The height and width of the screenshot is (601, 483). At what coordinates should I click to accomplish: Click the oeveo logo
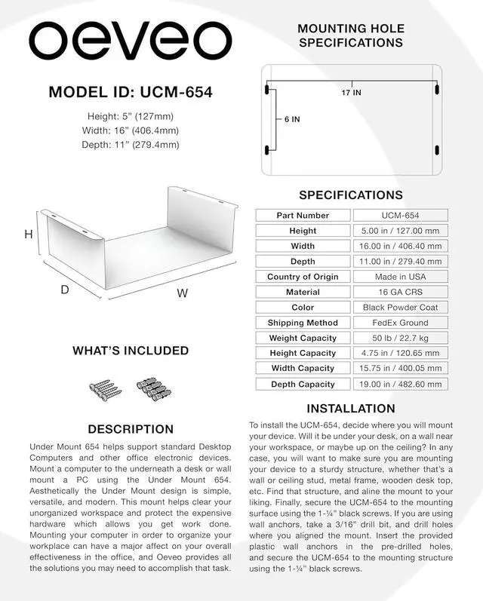tap(130, 44)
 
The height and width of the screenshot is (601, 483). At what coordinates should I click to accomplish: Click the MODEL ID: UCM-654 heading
tap(131, 93)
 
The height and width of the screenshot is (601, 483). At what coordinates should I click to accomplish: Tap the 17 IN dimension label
tap(351, 93)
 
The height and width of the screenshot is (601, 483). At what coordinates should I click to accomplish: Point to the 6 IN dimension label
tap(292, 119)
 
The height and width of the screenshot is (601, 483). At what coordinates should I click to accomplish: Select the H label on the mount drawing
tap(29, 235)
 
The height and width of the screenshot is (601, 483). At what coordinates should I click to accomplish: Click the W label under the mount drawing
tap(182, 294)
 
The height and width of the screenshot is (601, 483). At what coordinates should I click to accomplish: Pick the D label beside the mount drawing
tap(65, 290)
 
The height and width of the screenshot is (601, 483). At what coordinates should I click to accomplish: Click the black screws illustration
tap(106, 389)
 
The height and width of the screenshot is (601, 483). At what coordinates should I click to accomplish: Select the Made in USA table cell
tap(400, 277)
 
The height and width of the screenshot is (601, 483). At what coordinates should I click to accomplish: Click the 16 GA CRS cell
tap(400, 292)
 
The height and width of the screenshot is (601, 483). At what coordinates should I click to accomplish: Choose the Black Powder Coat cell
tap(400, 308)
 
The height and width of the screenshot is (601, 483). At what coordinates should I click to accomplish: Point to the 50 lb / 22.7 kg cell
tap(400, 338)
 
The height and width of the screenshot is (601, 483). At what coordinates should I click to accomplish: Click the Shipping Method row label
tap(303, 323)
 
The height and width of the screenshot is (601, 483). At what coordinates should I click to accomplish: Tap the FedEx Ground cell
tap(400, 323)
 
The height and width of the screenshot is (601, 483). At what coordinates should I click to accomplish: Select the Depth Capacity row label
tap(303, 384)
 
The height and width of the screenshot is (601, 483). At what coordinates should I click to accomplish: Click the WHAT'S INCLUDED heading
tap(131, 351)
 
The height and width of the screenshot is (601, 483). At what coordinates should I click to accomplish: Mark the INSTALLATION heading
tap(351, 409)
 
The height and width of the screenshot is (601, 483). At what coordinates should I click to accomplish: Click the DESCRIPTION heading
tap(131, 429)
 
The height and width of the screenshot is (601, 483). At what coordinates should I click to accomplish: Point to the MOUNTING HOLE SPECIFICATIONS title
tap(351, 35)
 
